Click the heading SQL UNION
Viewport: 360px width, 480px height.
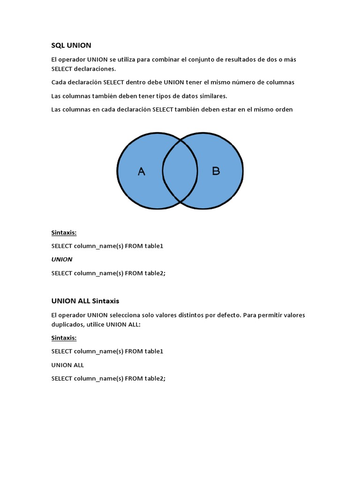coord(71,45)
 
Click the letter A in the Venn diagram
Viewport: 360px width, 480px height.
coord(142,172)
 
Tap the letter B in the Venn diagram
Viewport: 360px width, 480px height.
coord(216,171)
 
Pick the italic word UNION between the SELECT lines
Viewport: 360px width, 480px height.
coord(62,259)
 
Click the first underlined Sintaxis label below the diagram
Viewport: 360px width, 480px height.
coord(64,232)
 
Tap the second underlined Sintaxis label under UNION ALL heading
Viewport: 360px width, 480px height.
coord(64,337)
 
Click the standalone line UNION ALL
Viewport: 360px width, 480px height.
coord(67,365)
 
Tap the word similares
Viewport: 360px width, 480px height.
coord(210,96)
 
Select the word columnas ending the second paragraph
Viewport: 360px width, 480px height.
coord(279,82)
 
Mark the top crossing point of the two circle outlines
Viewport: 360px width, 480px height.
coord(180,140)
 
